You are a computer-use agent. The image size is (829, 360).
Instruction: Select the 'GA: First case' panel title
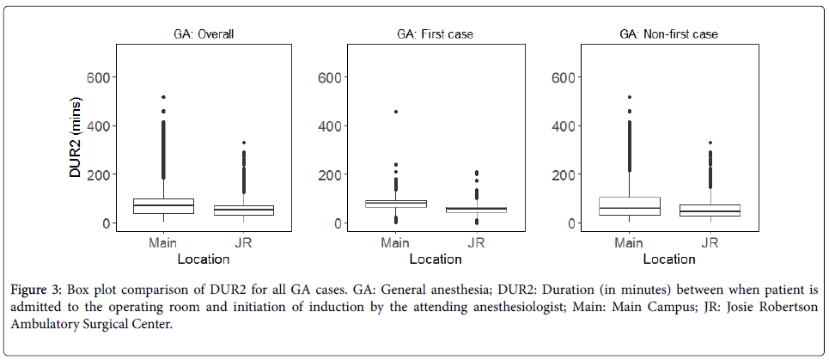[435, 35]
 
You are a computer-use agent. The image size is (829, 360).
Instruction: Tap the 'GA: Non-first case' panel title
[669, 35]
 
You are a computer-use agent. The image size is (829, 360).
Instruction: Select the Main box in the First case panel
[395, 204]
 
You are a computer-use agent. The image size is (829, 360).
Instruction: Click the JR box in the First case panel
[476, 209]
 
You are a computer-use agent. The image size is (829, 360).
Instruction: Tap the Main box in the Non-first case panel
[630, 206]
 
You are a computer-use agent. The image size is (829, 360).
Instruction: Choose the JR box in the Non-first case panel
[710, 211]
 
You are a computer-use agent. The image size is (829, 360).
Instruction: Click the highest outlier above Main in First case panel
[395, 112]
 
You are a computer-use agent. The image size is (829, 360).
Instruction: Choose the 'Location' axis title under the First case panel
[435, 259]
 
